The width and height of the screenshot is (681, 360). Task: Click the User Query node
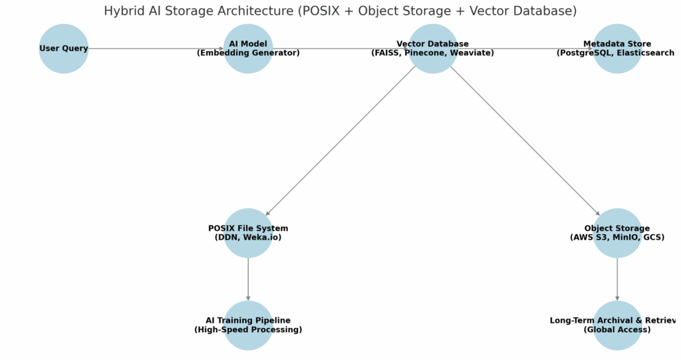click(64, 49)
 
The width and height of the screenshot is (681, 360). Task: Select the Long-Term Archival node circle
click(617, 339)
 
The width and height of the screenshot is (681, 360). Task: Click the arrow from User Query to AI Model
click(156, 49)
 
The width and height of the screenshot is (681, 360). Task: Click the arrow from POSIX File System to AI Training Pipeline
click(248, 279)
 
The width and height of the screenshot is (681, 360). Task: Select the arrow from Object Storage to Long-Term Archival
click(617, 279)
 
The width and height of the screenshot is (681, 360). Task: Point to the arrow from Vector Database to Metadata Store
click(525, 49)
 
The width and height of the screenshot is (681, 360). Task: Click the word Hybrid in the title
click(124, 11)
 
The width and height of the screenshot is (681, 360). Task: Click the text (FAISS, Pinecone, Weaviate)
click(432, 53)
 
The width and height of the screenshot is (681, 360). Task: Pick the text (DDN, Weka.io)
click(248, 238)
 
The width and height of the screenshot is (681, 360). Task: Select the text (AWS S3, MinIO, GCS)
click(617, 238)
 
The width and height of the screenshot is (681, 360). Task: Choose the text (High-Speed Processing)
click(248, 329)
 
